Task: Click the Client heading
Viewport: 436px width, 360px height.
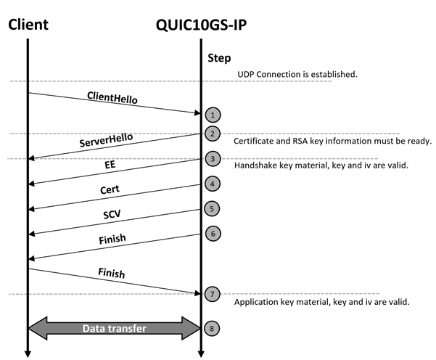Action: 28,25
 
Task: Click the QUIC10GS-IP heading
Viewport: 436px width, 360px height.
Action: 201,25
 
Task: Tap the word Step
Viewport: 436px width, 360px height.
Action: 219,58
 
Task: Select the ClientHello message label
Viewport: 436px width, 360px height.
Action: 112,97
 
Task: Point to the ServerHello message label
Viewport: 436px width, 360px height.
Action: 106,139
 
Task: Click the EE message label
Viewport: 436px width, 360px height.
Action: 110,165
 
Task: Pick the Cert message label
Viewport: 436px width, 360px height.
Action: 110,189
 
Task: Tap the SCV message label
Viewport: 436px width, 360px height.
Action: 112,214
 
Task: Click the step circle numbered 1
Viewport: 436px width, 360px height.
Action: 213,115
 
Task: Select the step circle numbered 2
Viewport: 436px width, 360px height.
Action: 213,134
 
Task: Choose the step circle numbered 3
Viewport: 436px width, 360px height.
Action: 213,159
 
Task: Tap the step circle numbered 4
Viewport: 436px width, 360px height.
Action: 213,184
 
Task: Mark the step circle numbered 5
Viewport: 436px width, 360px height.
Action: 212,209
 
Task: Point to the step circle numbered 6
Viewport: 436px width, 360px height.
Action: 213,234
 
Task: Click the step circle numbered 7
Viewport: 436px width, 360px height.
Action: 213,294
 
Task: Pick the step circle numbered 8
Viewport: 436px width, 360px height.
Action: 212,329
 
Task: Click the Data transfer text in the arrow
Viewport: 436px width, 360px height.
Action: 115,329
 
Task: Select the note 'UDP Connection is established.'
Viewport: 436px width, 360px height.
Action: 297,74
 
